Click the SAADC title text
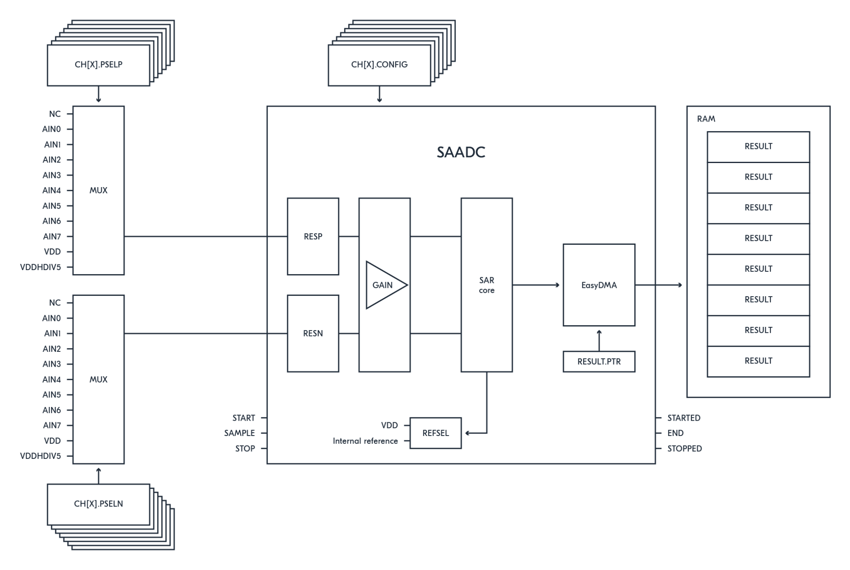click(461, 152)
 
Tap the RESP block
click(313, 236)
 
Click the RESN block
click(313, 334)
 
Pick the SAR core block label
click(486, 285)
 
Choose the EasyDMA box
click(598, 285)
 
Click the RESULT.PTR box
click(598, 361)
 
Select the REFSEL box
click(435, 433)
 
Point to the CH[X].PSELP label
click(98, 65)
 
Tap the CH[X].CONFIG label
click(379, 65)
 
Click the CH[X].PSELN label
click(98, 504)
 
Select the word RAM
click(706, 119)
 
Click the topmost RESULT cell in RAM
click(758, 146)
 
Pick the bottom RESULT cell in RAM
click(758, 361)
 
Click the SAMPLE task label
click(239, 433)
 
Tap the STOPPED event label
click(684, 448)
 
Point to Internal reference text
click(365, 441)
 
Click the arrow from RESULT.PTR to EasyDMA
click(598, 340)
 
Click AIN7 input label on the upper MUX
click(52, 236)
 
